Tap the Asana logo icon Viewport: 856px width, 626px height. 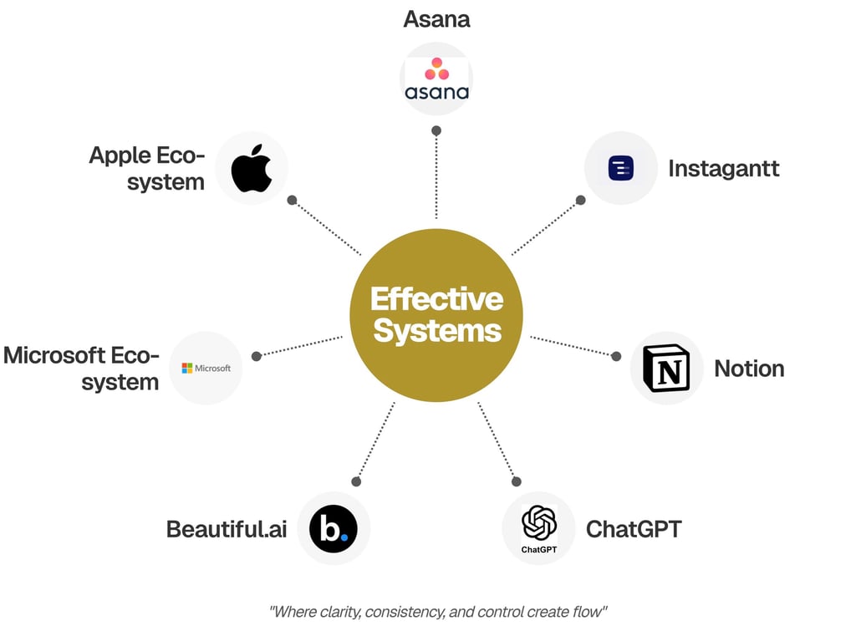point(436,79)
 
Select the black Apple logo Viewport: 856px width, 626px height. point(252,168)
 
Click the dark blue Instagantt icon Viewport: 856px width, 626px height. point(621,168)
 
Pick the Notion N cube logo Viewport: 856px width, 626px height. point(666,369)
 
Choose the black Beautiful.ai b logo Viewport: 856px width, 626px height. point(334,528)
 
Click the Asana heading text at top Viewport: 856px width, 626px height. point(436,18)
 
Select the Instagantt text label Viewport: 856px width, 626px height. point(723,168)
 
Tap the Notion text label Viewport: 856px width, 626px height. point(749,369)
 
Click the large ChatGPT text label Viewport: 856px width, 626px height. point(634,528)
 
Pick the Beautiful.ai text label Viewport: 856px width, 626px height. point(227,529)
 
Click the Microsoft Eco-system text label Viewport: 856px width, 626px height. point(81,369)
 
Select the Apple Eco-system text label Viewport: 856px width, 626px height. point(147,168)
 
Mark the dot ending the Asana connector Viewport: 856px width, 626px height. point(436,130)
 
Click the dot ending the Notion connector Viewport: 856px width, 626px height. point(616,356)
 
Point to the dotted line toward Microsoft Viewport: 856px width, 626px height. point(301,346)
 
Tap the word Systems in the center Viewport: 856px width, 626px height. point(437,331)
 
